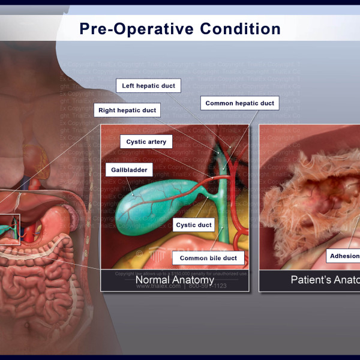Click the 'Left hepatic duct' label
(148, 86)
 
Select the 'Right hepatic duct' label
(127, 110)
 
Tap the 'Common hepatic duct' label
(239, 103)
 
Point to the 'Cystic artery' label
(146, 142)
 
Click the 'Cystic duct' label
(194, 225)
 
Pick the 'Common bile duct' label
(208, 258)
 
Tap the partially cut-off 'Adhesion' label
(344, 256)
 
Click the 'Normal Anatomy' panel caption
(175, 280)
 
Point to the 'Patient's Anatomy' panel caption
(324, 280)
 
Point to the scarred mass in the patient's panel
(318, 192)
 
